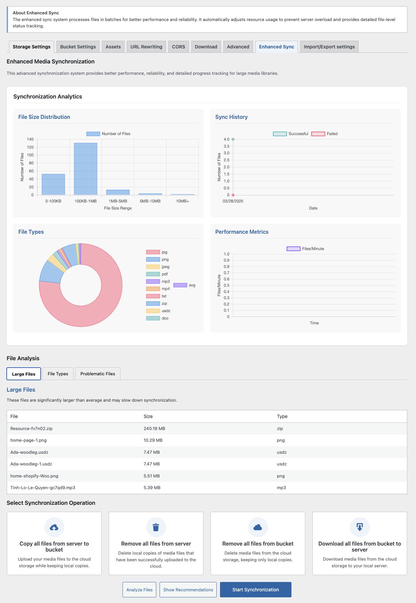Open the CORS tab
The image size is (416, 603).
(179, 47)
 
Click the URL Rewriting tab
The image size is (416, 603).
(146, 47)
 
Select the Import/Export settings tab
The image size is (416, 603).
(329, 47)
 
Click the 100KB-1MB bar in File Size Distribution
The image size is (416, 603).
(85, 169)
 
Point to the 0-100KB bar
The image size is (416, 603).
(53, 184)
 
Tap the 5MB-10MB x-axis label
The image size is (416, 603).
(150, 201)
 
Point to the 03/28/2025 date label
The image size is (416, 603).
(233, 201)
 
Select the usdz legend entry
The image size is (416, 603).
(159, 311)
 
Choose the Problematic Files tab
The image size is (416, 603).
(97, 374)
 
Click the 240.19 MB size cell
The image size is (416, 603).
(154, 428)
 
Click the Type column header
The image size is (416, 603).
(282, 416)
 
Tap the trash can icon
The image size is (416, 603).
(156, 527)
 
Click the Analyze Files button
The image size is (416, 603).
(140, 590)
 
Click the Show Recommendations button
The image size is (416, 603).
(188, 590)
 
